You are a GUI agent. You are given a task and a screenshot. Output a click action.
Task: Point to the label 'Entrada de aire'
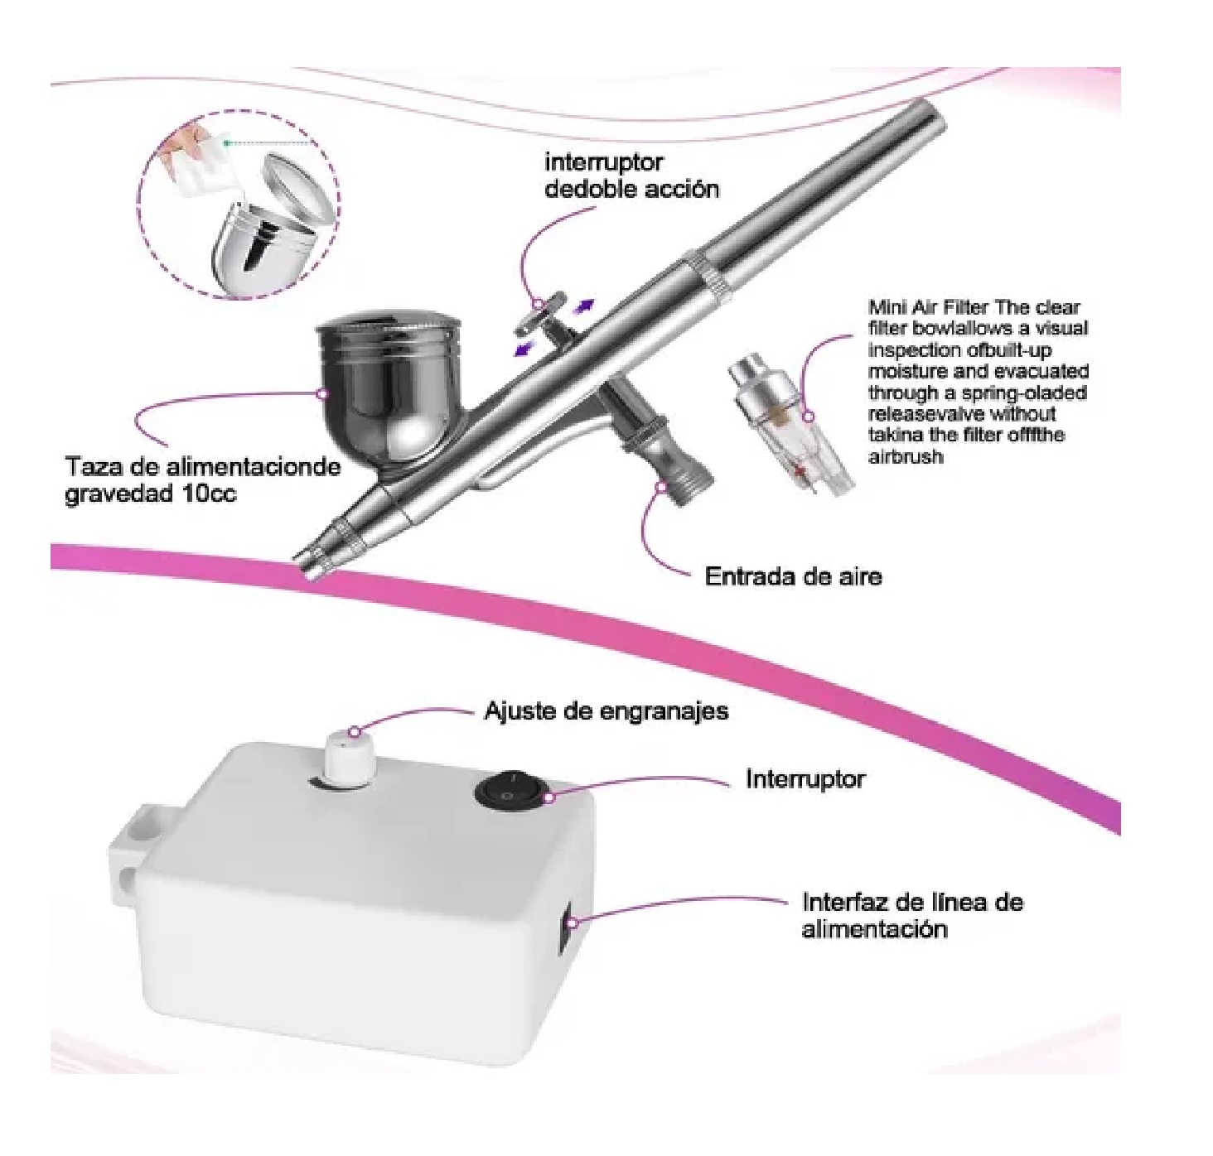click(x=792, y=576)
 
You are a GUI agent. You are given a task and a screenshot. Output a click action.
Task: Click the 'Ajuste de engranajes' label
click(x=606, y=711)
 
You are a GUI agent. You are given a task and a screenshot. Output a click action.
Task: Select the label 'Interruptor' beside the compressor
click(x=805, y=779)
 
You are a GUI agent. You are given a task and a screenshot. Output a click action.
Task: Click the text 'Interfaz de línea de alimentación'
click(x=911, y=915)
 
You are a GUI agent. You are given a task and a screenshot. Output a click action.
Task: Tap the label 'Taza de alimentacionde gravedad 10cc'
click(x=202, y=479)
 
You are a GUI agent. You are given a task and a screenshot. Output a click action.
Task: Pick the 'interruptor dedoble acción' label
click(x=631, y=176)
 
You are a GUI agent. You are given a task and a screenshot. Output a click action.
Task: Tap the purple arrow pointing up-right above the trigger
click(x=585, y=307)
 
